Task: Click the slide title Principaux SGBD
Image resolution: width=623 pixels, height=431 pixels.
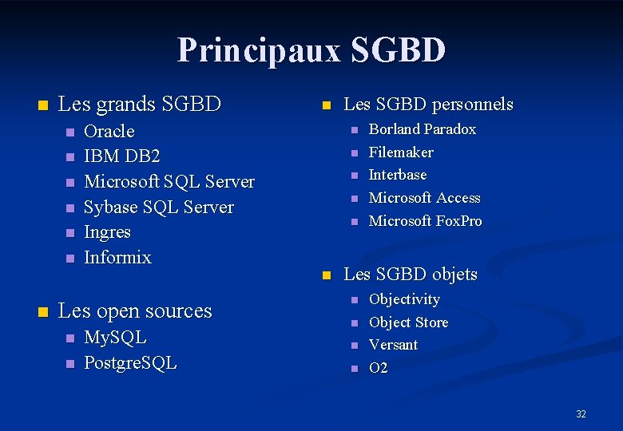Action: [x=311, y=49]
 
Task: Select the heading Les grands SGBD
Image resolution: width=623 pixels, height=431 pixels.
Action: [x=140, y=104]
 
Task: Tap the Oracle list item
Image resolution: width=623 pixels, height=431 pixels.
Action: [x=109, y=131]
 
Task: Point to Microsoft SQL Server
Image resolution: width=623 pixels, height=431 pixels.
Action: [x=169, y=182]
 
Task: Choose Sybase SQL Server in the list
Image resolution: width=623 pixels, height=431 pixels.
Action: [x=158, y=208]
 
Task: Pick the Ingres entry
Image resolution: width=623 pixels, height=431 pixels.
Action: [x=107, y=232]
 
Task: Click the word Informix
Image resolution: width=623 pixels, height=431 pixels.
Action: [x=117, y=258]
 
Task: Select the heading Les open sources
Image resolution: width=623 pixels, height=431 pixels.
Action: [x=135, y=310]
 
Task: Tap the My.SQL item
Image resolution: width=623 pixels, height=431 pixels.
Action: [x=115, y=338]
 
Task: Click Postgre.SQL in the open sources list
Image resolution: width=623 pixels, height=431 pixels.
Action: [x=130, y=363]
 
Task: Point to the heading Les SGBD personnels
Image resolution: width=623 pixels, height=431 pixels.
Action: [x=427, y=105]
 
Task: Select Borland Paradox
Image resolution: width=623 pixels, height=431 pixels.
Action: [x=422, y=129]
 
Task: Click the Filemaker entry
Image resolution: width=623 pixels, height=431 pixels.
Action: [x=400, y=152]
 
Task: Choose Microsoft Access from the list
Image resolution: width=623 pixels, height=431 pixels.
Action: [x=424, y=198]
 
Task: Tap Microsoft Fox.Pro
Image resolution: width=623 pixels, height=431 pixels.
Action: [x=425, y=221]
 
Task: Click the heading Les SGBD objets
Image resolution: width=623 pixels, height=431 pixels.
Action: [x=410, y=275]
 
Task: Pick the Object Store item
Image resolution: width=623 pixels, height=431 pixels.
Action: [x=408, y=322]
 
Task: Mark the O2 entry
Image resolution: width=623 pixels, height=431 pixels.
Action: [x=378, y=368]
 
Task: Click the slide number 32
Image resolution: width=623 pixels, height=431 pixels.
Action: [x=581, y=413]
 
